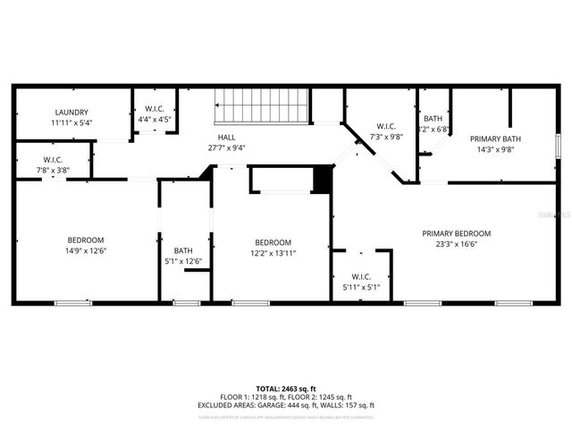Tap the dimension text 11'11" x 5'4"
tap(72, 122)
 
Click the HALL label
tap(227, 137)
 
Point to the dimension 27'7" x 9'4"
tap(227, 147)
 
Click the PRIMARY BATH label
tap(499, 139)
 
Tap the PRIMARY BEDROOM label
tap(456, 233)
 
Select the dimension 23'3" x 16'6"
tap(456, 244)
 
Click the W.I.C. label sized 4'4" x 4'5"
tap(155, 109)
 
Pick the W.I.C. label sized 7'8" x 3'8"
tap(53, 159)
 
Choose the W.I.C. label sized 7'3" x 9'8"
tap(386, 126)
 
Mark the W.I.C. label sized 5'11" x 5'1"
tap(361, 276)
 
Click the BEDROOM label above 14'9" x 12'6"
tap(87, 240)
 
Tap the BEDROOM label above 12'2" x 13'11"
tap(273, 242)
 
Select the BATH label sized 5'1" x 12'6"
tap(183, 250)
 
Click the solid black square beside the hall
tap(322, 180)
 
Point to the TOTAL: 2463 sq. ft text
tap(286, 389)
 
